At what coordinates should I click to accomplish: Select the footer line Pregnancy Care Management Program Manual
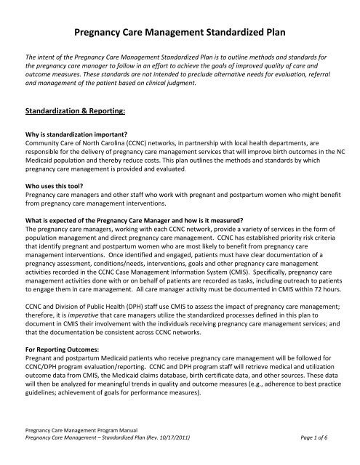point(81,443)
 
